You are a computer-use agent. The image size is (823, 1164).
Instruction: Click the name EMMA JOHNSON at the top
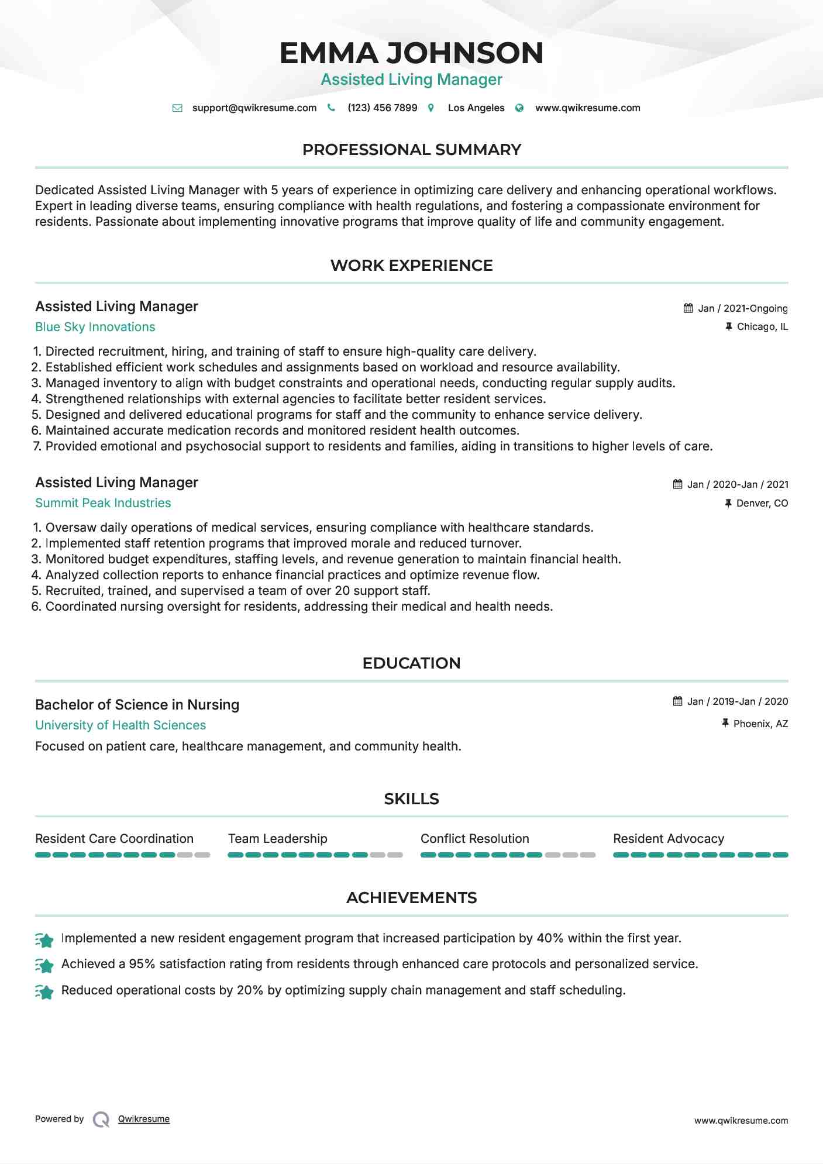pos(411,53)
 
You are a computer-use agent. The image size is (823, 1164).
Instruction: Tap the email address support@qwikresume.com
pos(254,108)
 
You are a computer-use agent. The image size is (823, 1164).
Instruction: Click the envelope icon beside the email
pos(177,108)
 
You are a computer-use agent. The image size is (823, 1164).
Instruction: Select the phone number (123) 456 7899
pos(382,108)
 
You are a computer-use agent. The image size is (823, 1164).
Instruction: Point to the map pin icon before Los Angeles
pos(431,108)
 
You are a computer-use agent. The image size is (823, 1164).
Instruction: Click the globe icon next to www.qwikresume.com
pos(519,108)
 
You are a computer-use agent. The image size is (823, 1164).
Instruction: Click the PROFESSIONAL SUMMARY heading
pos(411,150)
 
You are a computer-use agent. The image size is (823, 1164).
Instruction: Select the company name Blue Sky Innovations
pos(95,327)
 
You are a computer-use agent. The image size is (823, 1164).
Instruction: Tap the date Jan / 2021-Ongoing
pos(743,308)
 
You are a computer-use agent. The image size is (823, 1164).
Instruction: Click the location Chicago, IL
pos(762,326)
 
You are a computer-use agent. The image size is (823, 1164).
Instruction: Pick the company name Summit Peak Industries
pos(103,503)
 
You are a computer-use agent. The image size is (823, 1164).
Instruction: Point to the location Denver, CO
pos(762,503)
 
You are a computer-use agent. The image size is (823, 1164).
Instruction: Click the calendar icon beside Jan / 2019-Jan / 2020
pos(678,701)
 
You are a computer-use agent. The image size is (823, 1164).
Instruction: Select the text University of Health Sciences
pos(120,725)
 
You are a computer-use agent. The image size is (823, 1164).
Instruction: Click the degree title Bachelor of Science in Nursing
pos(137,705)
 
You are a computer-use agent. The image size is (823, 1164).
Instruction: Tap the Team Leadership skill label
pos(277,839)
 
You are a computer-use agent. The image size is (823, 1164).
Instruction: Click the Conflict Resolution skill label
pos(474,839)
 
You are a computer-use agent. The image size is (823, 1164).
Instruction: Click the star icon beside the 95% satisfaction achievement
pos(44,965)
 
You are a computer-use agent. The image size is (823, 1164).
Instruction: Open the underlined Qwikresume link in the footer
pos(144,1119)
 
